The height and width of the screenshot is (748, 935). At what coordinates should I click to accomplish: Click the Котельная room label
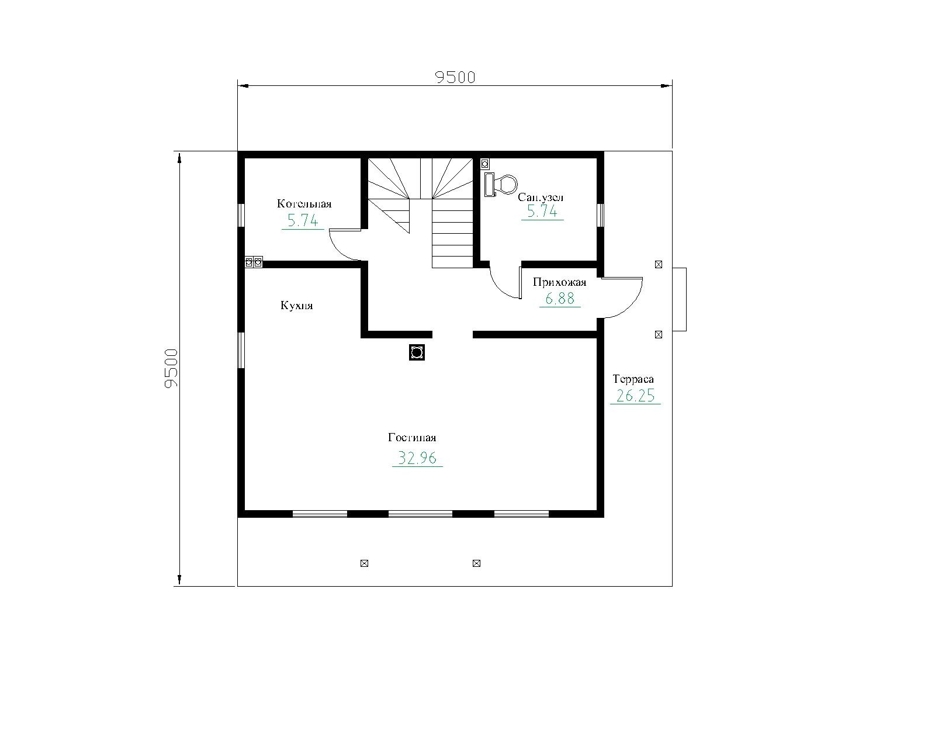304,204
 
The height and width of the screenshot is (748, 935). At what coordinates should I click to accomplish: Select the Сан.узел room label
541,198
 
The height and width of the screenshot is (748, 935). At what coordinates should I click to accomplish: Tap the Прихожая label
560,282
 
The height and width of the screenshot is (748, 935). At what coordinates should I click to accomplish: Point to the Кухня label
297,306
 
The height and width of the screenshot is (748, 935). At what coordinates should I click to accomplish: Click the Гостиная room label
412,437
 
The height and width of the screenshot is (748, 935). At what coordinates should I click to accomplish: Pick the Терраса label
633,379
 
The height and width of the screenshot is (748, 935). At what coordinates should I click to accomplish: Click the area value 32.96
417,458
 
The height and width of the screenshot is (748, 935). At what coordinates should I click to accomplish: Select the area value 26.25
635,396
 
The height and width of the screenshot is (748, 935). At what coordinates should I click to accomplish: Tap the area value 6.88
560,299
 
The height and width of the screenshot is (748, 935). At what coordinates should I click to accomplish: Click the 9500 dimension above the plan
455,77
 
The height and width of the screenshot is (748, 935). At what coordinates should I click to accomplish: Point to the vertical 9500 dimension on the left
172,368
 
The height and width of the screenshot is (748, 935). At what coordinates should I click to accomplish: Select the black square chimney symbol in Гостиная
417,352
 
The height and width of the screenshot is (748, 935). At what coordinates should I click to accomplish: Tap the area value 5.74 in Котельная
303,221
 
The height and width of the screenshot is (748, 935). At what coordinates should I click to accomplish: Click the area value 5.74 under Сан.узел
542,212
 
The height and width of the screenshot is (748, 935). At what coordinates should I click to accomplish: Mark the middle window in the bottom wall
420,514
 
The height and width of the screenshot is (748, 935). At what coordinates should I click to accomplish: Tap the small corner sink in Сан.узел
485,164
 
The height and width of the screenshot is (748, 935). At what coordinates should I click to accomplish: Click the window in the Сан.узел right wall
601,215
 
